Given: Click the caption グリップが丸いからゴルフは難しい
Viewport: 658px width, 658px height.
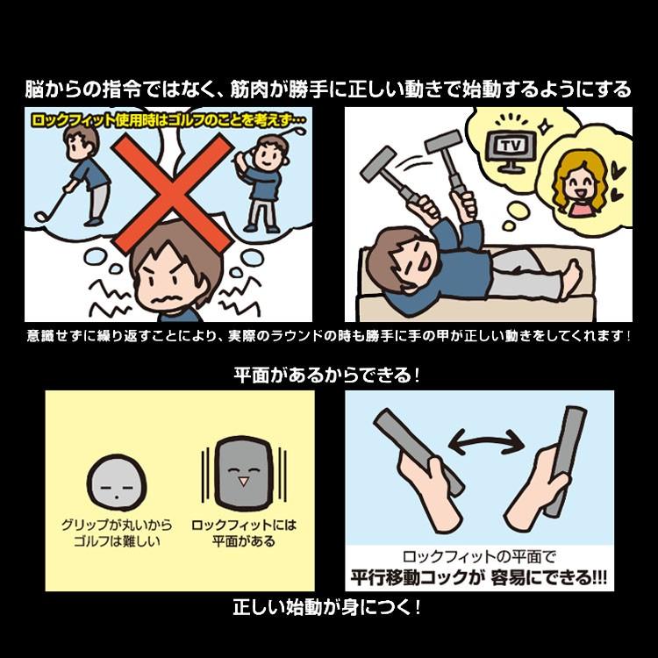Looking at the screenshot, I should [118, 533].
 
